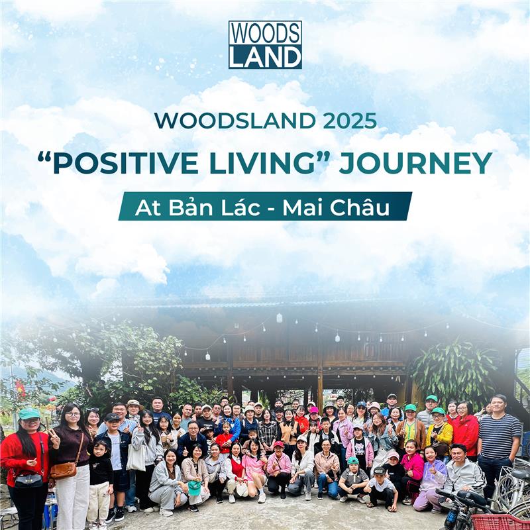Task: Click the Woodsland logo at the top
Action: [x=265, y=44]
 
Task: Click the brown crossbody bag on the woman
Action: [x=64, y=470]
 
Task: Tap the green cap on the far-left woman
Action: [x=29, y=414]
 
